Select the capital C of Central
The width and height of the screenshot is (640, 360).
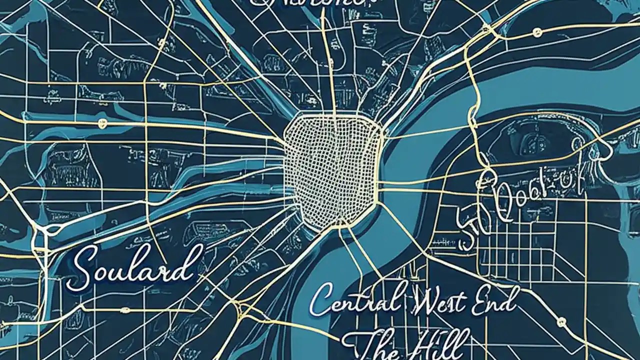click(x=320, y=300)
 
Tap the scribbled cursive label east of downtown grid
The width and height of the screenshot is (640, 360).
click(x=520, y=207)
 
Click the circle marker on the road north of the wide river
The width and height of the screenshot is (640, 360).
click(x=537, y=33)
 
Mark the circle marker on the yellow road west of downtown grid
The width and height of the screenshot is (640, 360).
click(x=103, y=122)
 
